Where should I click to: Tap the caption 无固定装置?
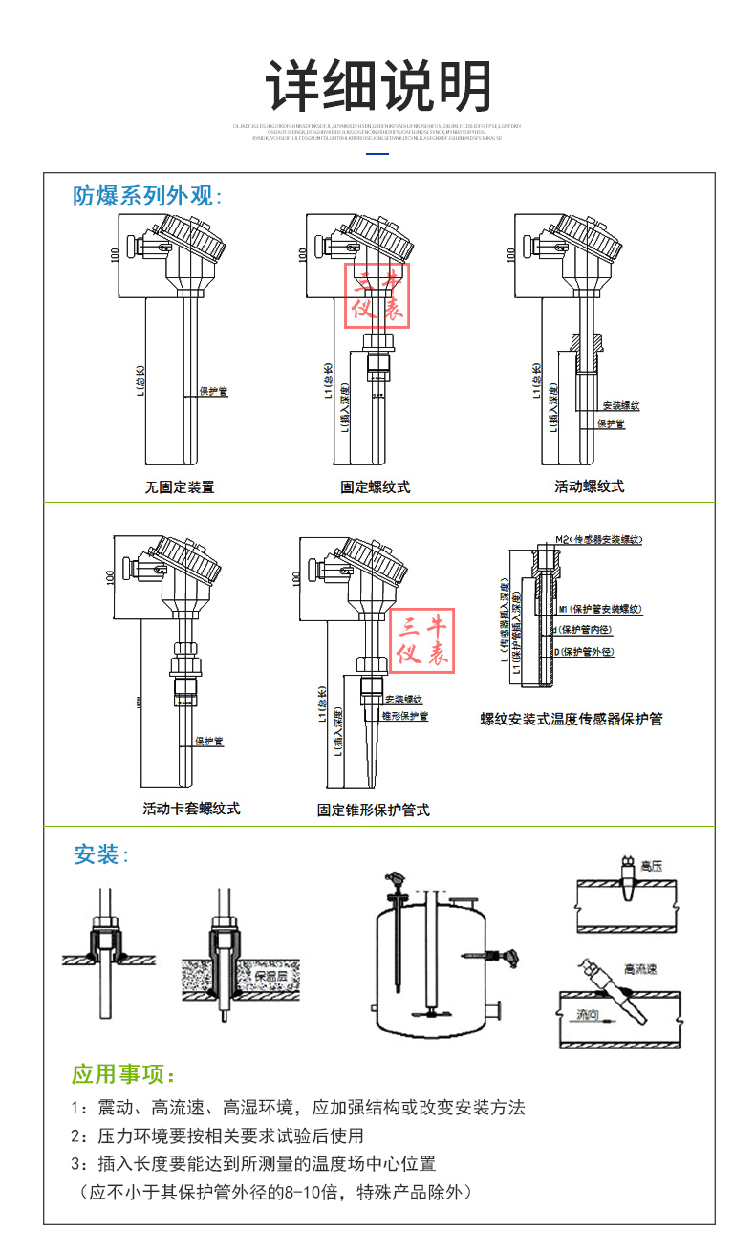point(180,486)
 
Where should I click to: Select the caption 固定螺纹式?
point(376,486)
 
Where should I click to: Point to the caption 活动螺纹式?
point(589,486)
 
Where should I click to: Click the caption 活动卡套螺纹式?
point(191,809)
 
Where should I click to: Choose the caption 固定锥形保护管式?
point(374,810)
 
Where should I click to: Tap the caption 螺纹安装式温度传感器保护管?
point(571,719)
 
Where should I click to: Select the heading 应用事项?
point(124,1074)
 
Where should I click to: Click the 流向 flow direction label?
point(588,1014)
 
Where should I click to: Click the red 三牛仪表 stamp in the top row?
point(377,296)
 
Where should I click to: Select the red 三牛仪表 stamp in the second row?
point(421,640)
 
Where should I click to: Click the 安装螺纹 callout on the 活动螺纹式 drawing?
point(620,406)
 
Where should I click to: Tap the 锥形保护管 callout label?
point(404,715)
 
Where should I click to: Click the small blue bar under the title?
point(378,152)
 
